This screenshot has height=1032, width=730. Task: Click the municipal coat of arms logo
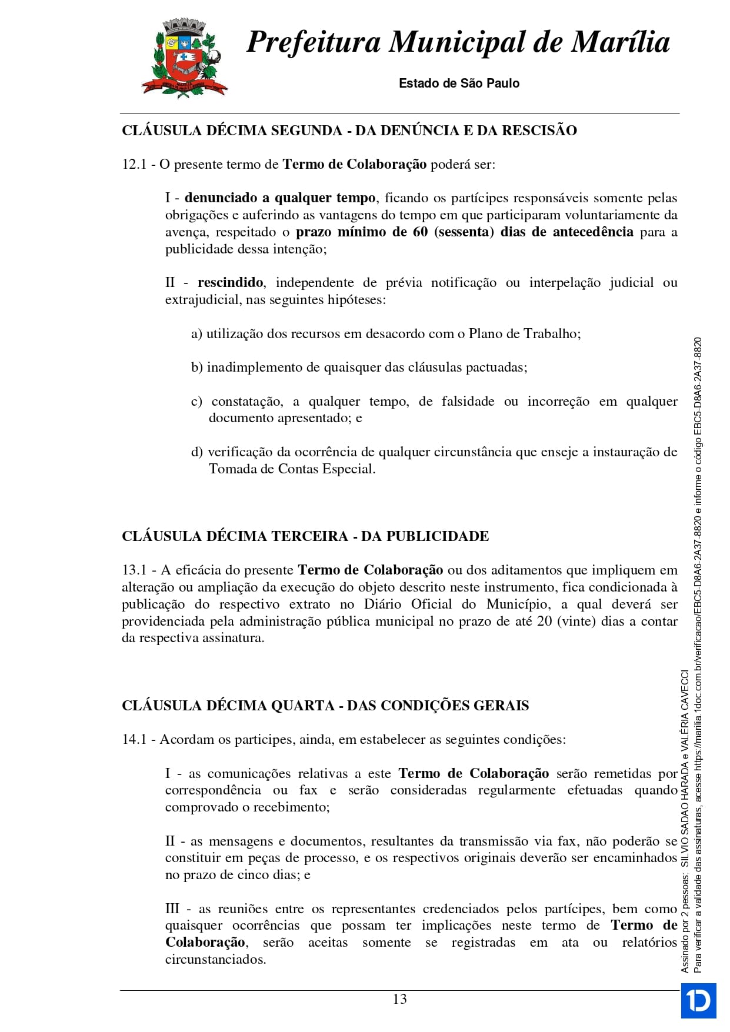[184, 58]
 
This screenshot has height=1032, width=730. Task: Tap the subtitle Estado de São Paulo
[459, 84]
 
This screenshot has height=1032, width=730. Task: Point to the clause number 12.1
[134, 165]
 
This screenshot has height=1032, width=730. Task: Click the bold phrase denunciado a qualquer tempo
[280, 198]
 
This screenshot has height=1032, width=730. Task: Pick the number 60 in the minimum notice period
[420, 232]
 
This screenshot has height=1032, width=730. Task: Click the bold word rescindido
[230, 283]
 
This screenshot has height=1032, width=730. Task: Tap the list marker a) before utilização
[196, 334]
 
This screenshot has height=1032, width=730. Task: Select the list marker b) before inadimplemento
[196, 368]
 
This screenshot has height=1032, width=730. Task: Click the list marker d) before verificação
[196, 452]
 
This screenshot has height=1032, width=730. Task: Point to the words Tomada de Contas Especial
[291, 469]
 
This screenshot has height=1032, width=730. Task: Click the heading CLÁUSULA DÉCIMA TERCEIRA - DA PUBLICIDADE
[305, 536]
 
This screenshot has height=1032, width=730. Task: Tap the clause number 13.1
[134, 570]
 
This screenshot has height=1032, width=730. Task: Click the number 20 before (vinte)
[544, 622]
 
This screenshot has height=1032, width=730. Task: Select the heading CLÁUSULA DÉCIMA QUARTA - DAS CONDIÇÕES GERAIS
[325, 706]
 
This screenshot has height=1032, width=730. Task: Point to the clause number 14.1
[134, 740]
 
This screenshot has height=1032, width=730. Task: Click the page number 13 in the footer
[399, 999]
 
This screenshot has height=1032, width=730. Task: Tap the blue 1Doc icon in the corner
[698, 1000]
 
